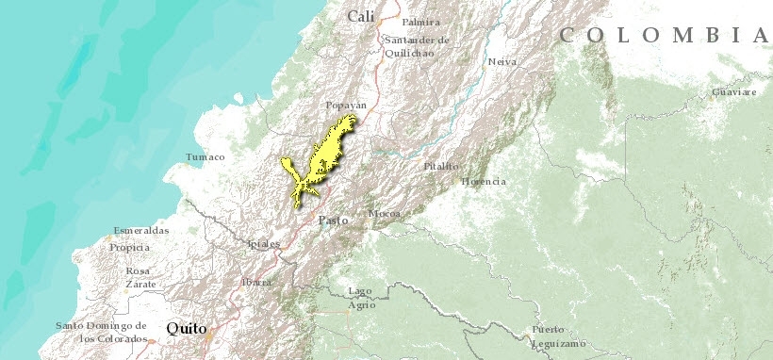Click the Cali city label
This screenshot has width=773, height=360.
[360, 16]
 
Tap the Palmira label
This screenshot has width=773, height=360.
[420, 22]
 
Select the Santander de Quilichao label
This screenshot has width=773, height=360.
[416, 46]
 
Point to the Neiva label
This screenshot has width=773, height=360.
[502, 62]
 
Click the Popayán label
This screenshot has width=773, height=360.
[344, 106]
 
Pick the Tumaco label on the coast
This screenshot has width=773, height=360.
[206, 156]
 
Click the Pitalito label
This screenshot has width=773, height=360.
[441, 166]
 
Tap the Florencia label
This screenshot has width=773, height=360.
[483, 181]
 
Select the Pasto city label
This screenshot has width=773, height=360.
[333, 220]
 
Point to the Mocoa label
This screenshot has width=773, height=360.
[384, 214]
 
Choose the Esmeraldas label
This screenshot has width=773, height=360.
[141, 231]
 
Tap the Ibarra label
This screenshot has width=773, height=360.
[255, 282]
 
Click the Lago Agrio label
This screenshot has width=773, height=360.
[361, 297]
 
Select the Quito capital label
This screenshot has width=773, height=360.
[187, 328]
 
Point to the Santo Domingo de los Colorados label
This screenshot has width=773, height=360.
[101, 332]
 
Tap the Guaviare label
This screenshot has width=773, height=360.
[734, 92]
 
